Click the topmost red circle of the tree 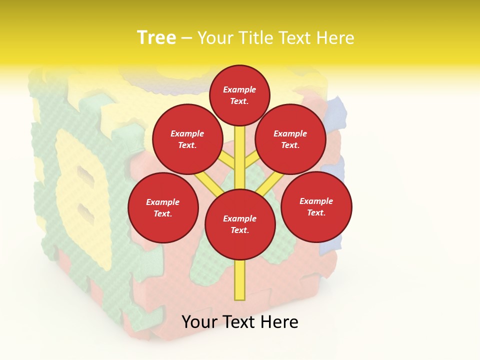coord(239,95)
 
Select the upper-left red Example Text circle coord(187,139)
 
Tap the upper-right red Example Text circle coord(290,139)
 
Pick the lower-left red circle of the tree coord(163,207)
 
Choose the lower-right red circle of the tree coord(316,206)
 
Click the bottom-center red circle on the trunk coord(240,224)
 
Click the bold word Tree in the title coord(156,37)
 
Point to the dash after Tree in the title coord(187,38)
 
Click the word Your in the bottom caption coord(200,322)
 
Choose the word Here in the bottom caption coord(279,322)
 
